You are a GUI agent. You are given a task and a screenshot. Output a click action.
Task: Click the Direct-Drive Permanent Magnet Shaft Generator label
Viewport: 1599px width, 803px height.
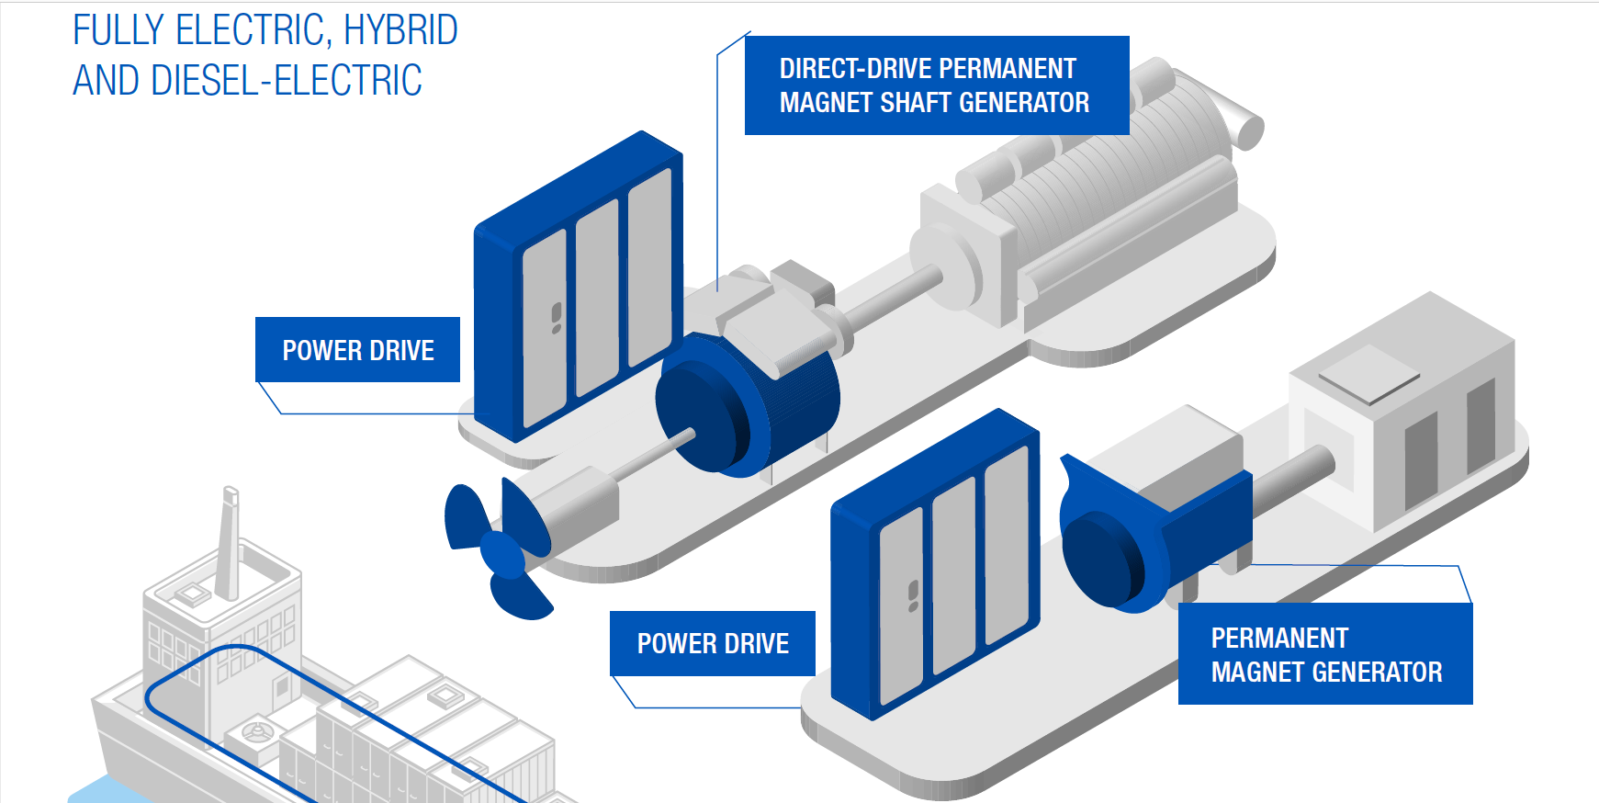[x=936, y=85]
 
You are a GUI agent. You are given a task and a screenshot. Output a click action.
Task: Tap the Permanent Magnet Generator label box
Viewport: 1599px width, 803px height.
[x=1324, y=654]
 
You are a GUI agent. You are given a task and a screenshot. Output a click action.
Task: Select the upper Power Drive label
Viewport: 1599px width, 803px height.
[x=357, y=350]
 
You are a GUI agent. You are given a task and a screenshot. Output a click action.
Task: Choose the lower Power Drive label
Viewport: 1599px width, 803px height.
[x=713, y=643]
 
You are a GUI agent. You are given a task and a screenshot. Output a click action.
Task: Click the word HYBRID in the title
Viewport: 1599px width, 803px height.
[x=400, y=31]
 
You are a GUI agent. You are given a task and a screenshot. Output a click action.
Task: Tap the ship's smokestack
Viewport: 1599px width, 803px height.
[x=228, y=542]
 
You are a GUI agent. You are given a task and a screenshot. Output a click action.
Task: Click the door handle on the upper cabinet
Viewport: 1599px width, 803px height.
[x=557, y=317]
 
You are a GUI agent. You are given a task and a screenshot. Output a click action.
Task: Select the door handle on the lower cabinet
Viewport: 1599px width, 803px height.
[x=913, y=595]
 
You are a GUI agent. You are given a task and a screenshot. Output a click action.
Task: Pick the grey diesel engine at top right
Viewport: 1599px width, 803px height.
[x=1093, y=202]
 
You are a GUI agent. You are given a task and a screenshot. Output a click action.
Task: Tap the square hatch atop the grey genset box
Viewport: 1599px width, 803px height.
[x=1369, y=375]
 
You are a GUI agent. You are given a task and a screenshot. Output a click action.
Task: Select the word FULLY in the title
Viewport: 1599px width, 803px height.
[x=118, y=31]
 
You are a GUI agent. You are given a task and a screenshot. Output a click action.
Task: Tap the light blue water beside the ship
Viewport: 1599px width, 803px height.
[x=101, y=790]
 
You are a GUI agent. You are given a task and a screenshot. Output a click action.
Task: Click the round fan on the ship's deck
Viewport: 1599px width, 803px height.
[x=256, y=732]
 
